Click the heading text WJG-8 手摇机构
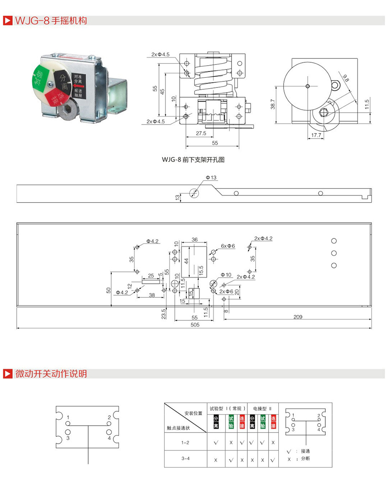51,20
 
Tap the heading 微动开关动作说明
51,374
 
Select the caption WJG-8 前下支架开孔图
193,160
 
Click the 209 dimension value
298,317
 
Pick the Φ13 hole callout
211,177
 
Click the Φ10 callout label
226,275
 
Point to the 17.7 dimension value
316,136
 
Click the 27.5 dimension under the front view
201,133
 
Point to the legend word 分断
305,459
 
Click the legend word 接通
305,451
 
